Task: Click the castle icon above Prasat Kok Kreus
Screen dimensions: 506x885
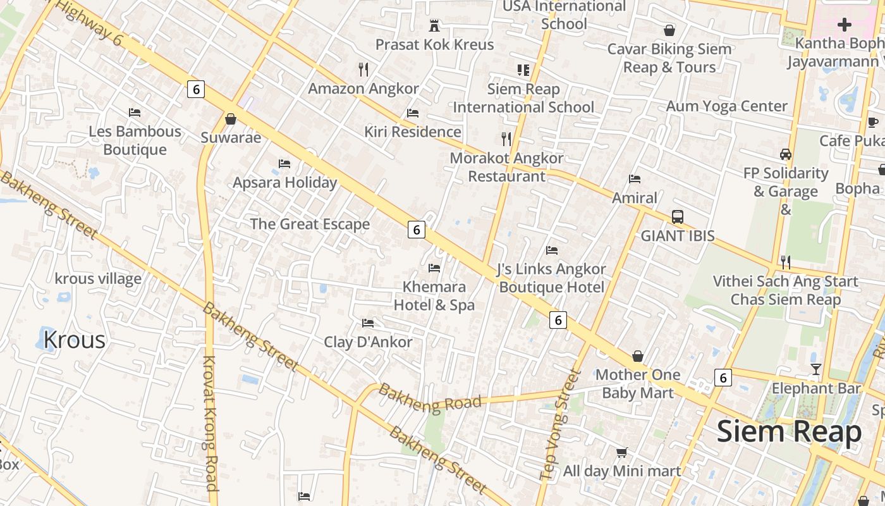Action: pyautogui.click(x=434, y=26)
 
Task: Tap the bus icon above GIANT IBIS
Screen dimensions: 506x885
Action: pyautogui.click(x=677, y=217)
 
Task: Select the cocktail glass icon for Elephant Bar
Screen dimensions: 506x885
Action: pyautogui.click(x=816, y=369)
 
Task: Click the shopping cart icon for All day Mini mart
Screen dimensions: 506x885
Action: pyautogui.click(x=622, y=452)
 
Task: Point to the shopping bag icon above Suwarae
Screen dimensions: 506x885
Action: pyautogui.click(x=231, y=119)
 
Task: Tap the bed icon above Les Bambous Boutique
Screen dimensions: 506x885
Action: pyautogui.click(x=135, y=113)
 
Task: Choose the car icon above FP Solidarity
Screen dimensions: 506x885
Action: pyautogui.click(x=786, y=154)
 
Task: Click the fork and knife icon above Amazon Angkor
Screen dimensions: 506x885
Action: pyautogui.click(x=363, y=69)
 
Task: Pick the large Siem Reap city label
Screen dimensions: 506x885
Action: pyautogui.click(x=789, y=432)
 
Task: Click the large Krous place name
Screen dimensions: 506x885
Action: pyautogui.click(x=74, y=340)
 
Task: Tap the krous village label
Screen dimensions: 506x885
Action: pyautogui.click(x=98, y=279)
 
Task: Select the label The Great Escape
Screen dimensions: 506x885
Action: pyautogui.click(x=310, y=224)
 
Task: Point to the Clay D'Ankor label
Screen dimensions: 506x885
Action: pyautogui.click(x=368, y=342)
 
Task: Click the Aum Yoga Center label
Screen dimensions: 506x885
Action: pyautogui.click(x=726, y=106)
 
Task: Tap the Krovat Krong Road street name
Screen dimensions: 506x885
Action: pyautogui.click(x=210, y=423)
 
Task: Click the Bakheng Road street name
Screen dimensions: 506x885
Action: pyautogui.click(x=430, y=397)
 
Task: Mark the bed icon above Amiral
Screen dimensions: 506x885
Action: pyautogui.click(x=635, y=179)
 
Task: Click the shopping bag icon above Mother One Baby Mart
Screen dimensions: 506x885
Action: pyautogui.click(x=638, y=357)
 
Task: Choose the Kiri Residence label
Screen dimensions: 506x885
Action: pyautogui.click(x=413, y=132)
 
